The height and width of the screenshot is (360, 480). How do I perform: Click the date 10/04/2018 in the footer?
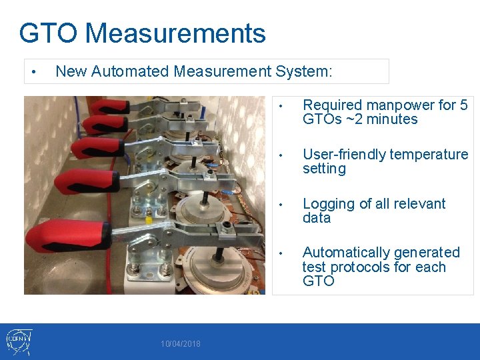click(181, 344)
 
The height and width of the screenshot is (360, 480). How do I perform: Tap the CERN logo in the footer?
click(17, 341)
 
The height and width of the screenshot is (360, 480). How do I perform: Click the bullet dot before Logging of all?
click(282, 205)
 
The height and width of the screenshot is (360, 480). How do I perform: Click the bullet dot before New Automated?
click(33, 72)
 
